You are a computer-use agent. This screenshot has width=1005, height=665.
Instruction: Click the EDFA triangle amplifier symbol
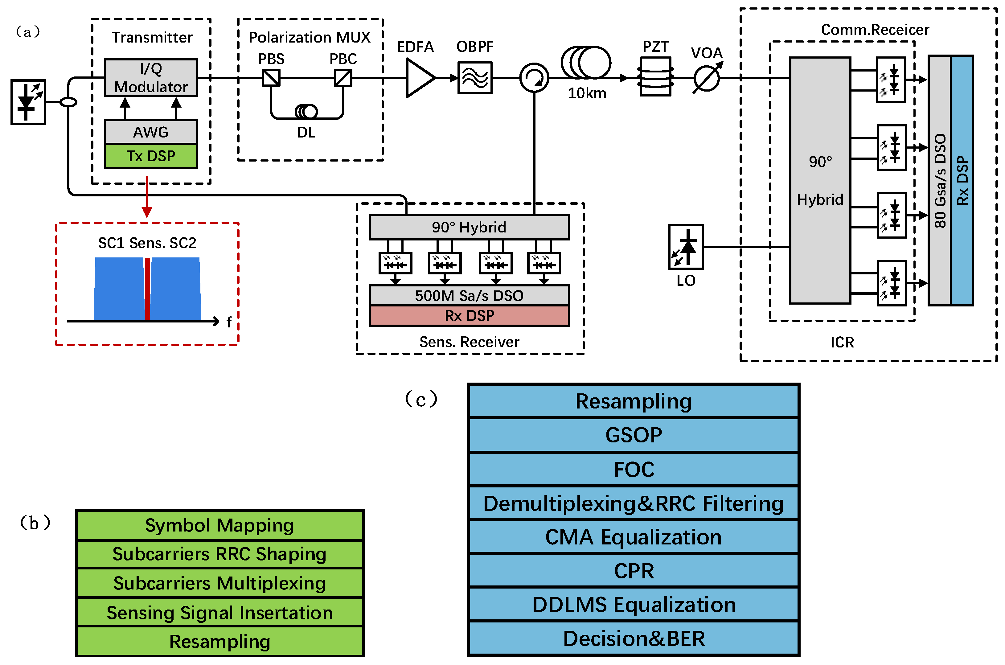(x=419, y=78)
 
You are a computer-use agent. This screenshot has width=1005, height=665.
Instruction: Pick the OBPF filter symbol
(x=475, y=78)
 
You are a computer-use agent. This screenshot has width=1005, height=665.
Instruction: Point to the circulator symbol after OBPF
(x=534, y=78)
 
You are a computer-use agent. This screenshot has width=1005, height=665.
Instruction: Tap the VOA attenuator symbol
(x=707, y=78)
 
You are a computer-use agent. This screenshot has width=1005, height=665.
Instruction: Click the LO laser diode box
(x=686, y=247)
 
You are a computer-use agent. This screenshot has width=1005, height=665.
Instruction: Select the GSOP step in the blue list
(x=634, y=435)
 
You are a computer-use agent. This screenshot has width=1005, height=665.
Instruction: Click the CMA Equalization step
(x=634, y=537)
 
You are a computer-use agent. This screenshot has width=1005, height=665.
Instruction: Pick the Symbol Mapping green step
(x=220, y=525)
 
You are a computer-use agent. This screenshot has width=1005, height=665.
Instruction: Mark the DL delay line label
(x=306, y=133)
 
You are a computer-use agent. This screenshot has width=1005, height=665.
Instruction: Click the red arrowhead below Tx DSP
(x=147, y=212)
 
